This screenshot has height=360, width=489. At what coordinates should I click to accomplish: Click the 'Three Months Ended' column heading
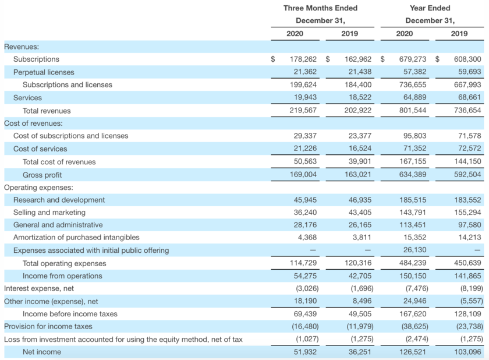tap(320, 8)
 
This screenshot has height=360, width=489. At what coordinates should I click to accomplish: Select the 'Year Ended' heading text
tap(430, 8)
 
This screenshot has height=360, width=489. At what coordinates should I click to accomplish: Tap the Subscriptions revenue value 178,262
tap(303, 59)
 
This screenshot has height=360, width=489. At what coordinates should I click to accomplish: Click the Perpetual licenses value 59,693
tap(469, 72)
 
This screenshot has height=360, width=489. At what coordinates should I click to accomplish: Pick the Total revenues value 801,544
tap(413, 110)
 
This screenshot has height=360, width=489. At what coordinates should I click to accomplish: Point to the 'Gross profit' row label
tap(42, 175)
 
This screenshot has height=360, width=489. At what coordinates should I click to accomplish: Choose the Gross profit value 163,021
tap(357, 174)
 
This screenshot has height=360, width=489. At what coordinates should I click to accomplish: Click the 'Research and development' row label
tap(59, 200)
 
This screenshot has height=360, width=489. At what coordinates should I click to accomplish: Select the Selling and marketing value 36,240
tap(305, 213)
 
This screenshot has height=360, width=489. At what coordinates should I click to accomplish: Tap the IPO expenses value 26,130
tap(414, 250)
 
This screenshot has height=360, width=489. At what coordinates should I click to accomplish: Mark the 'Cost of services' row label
tap(40, 149)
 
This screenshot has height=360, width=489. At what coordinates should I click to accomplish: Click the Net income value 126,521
tap(413, 352)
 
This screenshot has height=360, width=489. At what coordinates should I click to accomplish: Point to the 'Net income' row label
tap(42, 352)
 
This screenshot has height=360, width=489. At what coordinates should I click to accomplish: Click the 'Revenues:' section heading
tap(22, 47)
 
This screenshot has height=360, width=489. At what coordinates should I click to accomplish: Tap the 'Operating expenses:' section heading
tap(38, 188)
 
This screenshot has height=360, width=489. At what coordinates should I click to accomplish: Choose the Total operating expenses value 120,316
tap(357, 263)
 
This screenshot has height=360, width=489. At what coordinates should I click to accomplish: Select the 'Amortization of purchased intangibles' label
tap(76, 238)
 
